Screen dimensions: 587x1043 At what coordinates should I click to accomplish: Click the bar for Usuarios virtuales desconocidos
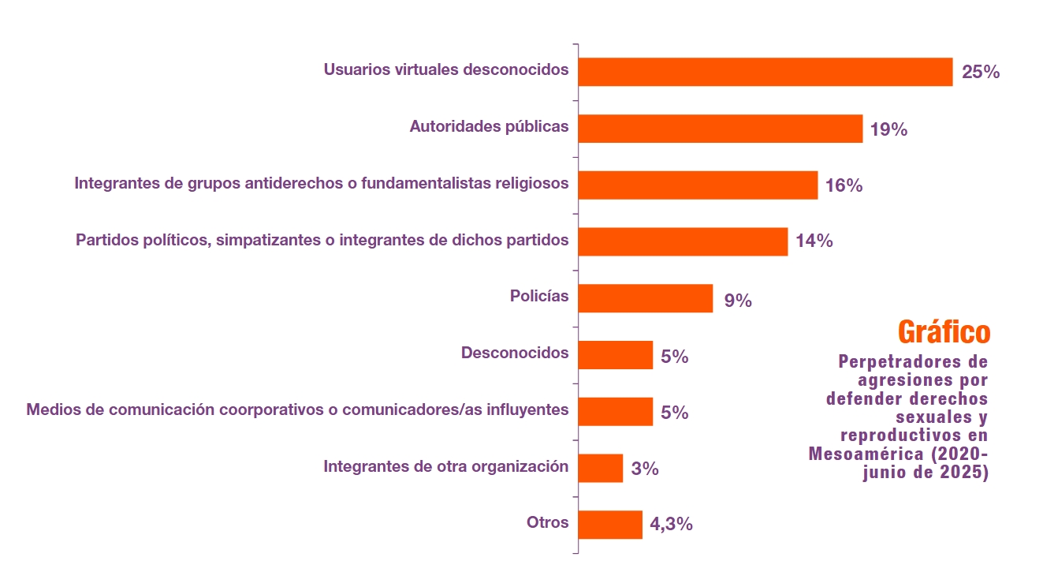[765, 72]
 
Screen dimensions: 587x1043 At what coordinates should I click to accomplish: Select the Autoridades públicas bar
[720, 129]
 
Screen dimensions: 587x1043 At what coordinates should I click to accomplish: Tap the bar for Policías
[645, 299]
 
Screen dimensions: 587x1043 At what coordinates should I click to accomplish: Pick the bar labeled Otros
[610, 525]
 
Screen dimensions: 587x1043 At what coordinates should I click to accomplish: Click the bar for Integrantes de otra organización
[600, 468]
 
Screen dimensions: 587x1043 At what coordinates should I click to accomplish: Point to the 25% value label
[981, 72]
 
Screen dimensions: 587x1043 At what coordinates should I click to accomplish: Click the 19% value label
[888, 129]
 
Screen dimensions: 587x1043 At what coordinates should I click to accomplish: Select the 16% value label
[844, 186]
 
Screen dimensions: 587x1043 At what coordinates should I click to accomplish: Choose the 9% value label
[737, 300]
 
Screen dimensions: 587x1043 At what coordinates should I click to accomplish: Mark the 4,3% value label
[671, 524]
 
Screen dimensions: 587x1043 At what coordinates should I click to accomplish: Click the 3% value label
[644, 469]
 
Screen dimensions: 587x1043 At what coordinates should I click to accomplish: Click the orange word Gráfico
[944, 332]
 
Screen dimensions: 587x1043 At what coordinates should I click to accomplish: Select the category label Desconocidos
[514, 353]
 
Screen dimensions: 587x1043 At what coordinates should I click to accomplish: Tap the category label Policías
[539, 297]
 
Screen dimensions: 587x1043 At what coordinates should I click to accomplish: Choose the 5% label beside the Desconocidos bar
[674, 357]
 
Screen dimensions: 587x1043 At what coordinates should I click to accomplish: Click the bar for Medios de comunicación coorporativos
[615, 412]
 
